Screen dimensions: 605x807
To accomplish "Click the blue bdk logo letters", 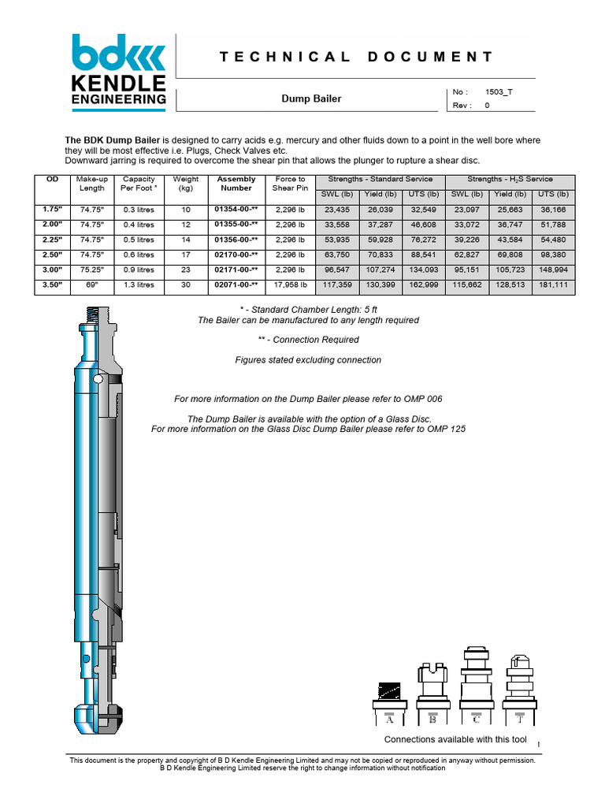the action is (118, 53).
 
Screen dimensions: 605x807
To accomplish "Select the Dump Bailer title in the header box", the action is (311, 99).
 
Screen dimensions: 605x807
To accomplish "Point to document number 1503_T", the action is (499, 92).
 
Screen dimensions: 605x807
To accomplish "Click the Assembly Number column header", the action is (236, 184).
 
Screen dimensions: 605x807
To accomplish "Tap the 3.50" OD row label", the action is (53, 284).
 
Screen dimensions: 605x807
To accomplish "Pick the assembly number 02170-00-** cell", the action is (236, 255).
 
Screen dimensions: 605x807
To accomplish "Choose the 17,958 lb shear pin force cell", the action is (290, 284).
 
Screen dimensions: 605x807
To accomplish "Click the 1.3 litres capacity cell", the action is (139, 284).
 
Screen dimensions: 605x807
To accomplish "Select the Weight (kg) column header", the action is (186, 184).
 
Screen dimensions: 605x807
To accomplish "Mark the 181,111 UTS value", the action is (554, 284).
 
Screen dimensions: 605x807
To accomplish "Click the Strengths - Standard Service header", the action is (380, 179).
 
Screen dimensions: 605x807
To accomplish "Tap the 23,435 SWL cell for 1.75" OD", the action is (337, 210).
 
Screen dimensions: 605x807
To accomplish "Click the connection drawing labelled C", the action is (477, 686).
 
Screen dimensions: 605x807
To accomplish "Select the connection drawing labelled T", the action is (520, 690).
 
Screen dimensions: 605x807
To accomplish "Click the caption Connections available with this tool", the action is (455, 739).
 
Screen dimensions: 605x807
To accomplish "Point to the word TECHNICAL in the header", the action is (285, 57).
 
